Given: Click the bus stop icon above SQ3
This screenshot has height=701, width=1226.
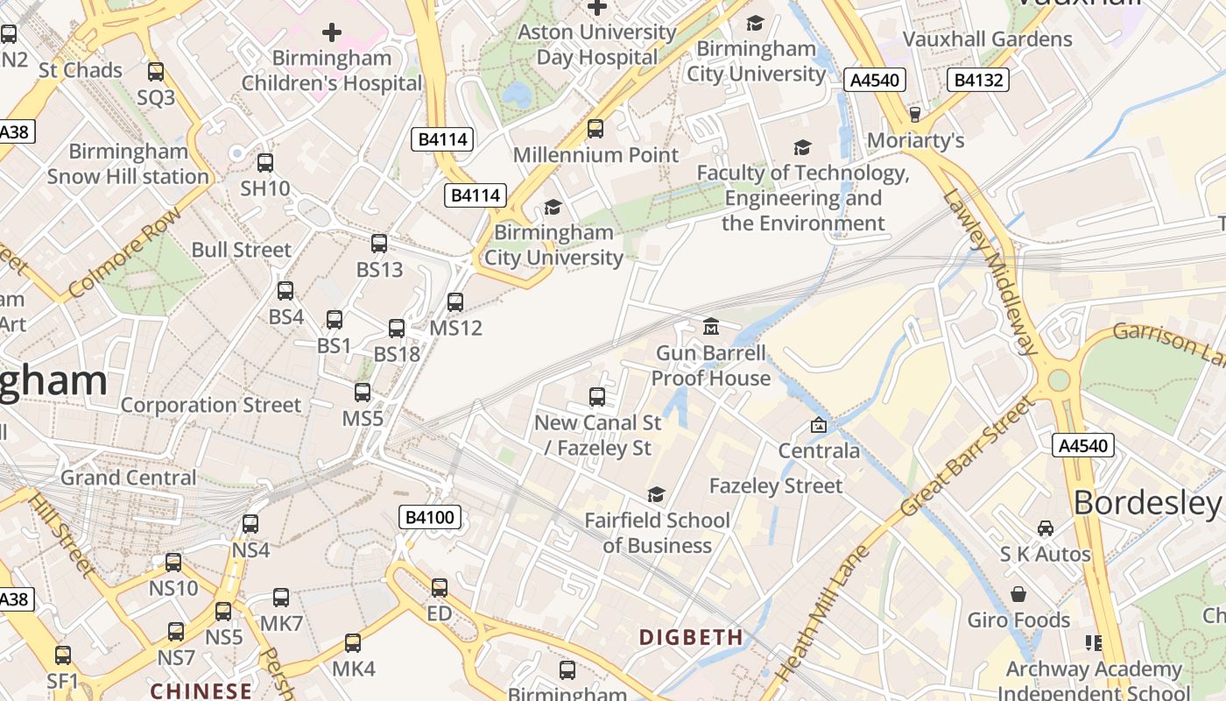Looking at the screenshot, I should click(x=156, y=71).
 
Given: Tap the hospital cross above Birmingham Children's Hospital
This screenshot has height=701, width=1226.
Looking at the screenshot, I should click(x=332, y=33).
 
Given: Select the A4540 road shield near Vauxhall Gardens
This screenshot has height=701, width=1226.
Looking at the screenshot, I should click(x=875, y=81).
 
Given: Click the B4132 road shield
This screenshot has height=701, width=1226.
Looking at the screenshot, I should click(x=978, y=81).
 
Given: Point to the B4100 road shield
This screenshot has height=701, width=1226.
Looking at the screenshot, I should click(x=430, y=517).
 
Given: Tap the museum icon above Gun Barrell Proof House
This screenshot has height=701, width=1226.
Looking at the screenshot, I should click(x=711, y=327).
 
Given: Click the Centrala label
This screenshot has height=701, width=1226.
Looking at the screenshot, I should click(x=819, y=451).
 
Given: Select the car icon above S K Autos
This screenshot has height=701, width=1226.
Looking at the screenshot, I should click(x=1045, y=528).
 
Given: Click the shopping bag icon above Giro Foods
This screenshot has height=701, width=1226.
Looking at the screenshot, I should click(x=1018, y=594).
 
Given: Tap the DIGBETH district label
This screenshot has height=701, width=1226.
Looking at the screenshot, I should click(x=691, y=637).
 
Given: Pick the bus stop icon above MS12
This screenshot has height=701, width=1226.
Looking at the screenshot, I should click(x=455, y=302).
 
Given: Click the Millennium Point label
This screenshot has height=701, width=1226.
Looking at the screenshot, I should click(x=595, y=155).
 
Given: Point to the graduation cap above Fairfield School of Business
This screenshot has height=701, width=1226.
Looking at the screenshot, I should click(x=656, y=495).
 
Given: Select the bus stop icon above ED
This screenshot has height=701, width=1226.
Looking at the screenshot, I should click(x=440, y=587).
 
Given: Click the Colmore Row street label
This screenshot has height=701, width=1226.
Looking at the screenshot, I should click(x=124, y=251).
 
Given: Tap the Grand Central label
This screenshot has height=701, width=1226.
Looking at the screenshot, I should click(x=129, y=478).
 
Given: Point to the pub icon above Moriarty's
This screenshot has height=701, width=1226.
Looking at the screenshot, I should click(x=915, y=115).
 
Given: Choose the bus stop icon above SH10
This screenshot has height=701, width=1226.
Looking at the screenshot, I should click(x=265, y=162).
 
